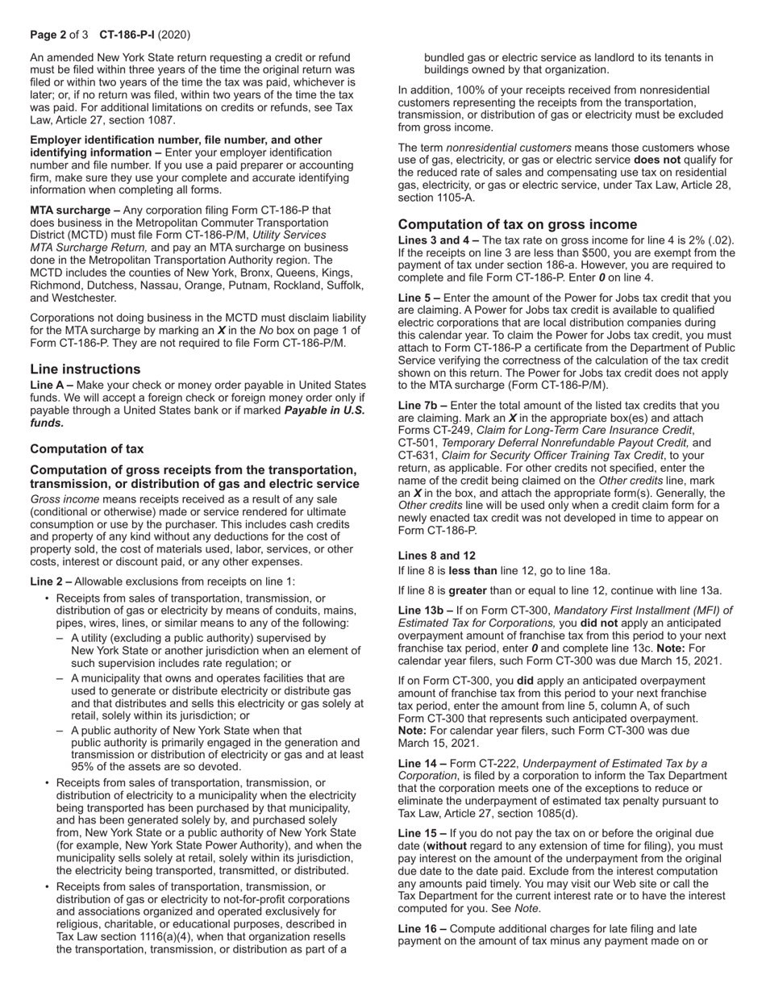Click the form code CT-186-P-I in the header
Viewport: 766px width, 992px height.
[x=128, y=35]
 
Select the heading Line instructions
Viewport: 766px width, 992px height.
[x=85, y=369]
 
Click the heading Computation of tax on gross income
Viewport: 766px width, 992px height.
[x=518, y=224]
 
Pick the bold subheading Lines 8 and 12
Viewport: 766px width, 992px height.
[x=437, y=556]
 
